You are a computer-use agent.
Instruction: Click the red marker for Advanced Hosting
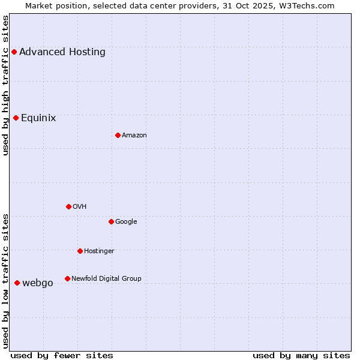point(14,52)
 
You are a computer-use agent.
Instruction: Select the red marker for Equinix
point(16,118)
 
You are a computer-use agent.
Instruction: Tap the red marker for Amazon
point(118,135)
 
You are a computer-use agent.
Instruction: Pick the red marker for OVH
point(68,206)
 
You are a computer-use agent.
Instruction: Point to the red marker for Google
point(111,221)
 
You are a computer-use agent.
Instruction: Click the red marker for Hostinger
point(80,251)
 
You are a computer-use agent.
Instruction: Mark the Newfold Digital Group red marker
point(67,278)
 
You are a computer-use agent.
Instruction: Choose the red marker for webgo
point(17,283)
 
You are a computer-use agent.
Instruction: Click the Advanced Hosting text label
point(62,52)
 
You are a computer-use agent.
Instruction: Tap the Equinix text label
point(38,118)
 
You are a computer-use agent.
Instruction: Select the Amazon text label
point(134,135)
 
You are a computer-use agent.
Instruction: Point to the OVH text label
point(80,206)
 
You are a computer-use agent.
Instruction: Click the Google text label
point(126,221)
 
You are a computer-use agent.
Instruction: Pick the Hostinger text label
point(99,251)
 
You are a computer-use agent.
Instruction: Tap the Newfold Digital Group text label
point(106,278)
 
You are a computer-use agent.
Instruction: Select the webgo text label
point(38,283)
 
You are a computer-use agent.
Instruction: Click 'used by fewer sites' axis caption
point(62,355)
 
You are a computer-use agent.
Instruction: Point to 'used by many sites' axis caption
point(301,355)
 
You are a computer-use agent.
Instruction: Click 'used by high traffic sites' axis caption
point(6,85)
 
